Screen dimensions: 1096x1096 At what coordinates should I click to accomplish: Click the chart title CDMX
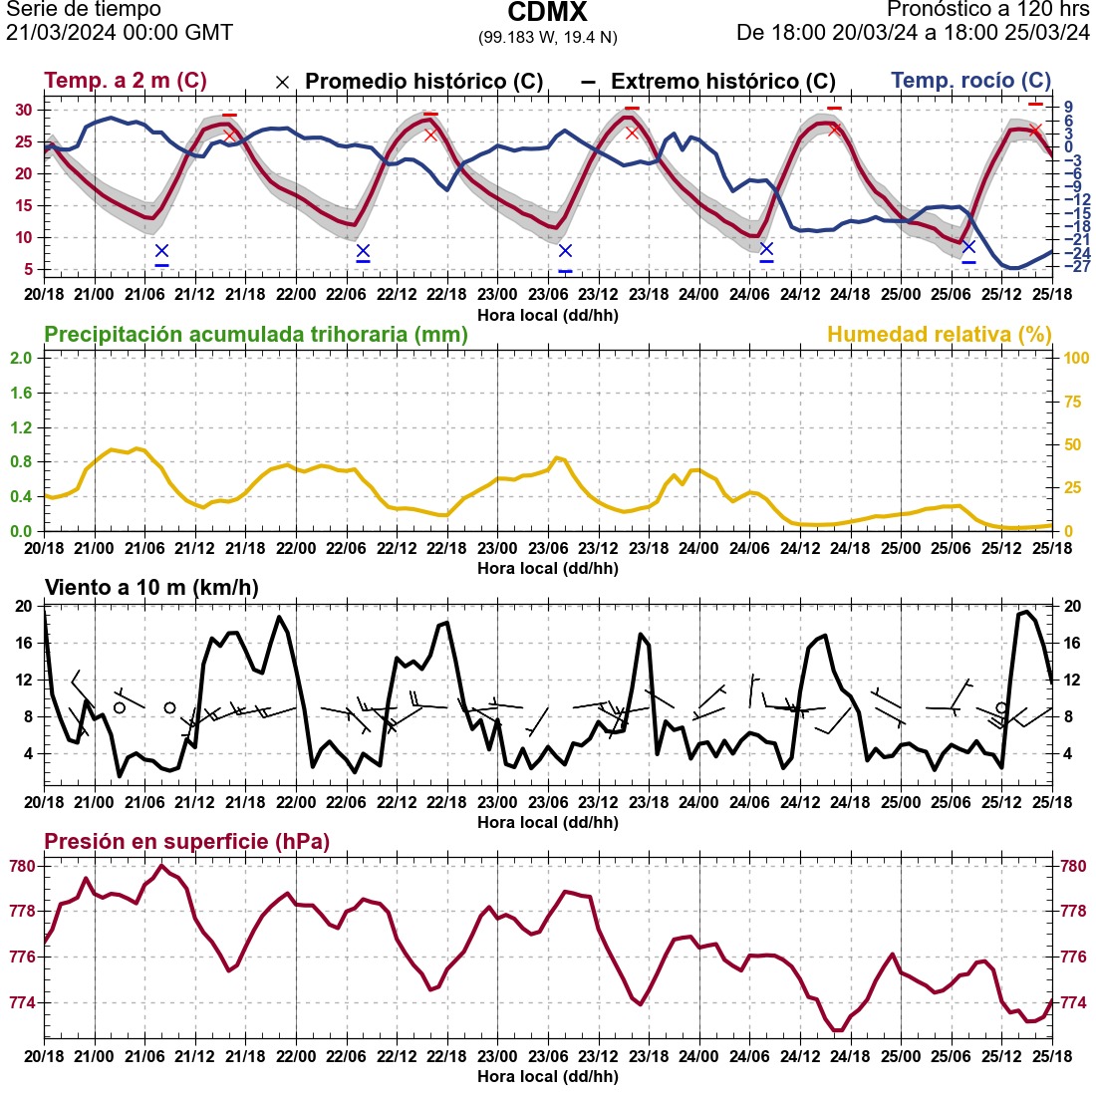(547, 13)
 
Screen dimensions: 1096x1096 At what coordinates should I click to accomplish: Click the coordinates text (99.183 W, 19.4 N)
(547, 37)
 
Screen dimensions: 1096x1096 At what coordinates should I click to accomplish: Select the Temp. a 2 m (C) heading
(126, 81)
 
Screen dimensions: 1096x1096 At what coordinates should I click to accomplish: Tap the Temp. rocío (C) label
(970, 81)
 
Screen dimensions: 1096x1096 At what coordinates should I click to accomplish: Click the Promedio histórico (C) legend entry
(423, 82)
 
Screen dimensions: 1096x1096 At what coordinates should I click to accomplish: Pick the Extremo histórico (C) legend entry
(722, 82)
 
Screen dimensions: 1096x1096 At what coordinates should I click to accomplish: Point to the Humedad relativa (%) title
(939, 335)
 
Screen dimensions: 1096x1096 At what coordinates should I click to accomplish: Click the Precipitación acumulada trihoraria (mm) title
(256, 335)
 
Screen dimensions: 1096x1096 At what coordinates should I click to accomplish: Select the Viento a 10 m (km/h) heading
(151, 588)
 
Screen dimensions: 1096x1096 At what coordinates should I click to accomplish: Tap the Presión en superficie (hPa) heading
(186, 842)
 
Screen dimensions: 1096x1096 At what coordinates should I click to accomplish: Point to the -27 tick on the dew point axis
(1072, 266)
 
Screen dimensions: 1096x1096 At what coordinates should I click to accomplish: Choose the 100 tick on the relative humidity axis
(1075, 359)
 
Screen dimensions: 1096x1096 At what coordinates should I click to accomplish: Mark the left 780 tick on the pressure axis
(23, 867)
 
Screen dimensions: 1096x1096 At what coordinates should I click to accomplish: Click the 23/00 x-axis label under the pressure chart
(497, 1058)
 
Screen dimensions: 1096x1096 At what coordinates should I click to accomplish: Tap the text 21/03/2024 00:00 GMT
(120, 33)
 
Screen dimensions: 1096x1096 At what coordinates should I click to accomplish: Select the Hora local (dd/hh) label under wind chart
(547, 823)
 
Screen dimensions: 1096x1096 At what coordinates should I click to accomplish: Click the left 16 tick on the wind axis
(25, 644)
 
